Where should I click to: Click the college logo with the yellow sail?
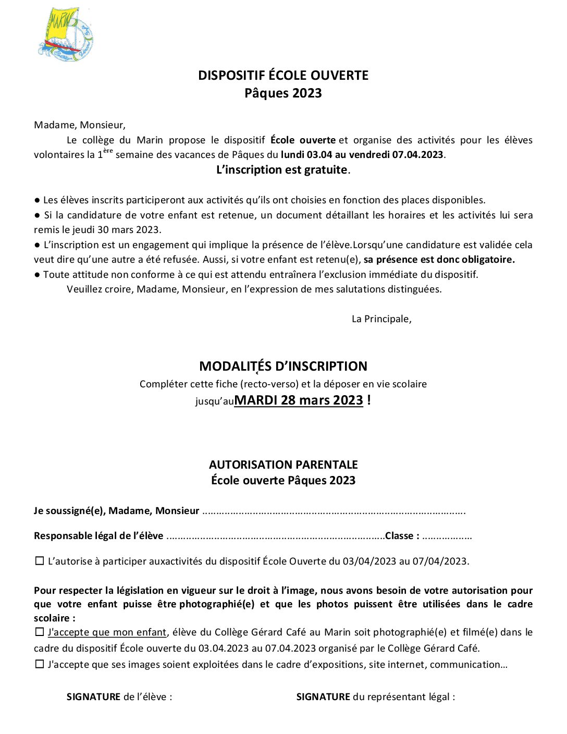click(65, 34)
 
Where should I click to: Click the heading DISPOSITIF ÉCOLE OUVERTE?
click(283, 76)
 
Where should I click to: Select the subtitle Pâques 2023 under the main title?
click(283, 93)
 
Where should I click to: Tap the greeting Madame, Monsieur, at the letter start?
click(80, 125)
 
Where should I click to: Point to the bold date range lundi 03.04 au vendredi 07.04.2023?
click(362, 155)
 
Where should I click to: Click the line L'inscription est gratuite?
click(282, 170)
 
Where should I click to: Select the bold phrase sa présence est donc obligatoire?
click(439, 260)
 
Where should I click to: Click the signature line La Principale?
click(381, 319)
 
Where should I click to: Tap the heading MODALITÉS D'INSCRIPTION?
click(283, 366)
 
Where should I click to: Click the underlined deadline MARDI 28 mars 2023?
click(299, 400)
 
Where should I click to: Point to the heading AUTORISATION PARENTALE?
click(283, 465)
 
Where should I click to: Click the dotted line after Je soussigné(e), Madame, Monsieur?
click(334, 511)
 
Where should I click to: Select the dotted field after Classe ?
click(447, 536)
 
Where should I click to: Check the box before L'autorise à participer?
click(40, 561)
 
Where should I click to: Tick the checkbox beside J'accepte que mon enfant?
click(40, 632)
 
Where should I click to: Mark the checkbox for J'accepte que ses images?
click(40, 665)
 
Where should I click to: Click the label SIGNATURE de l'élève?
click(119, 697)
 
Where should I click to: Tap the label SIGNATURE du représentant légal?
click(375, 697)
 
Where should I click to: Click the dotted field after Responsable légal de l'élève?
click(275, 536)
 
